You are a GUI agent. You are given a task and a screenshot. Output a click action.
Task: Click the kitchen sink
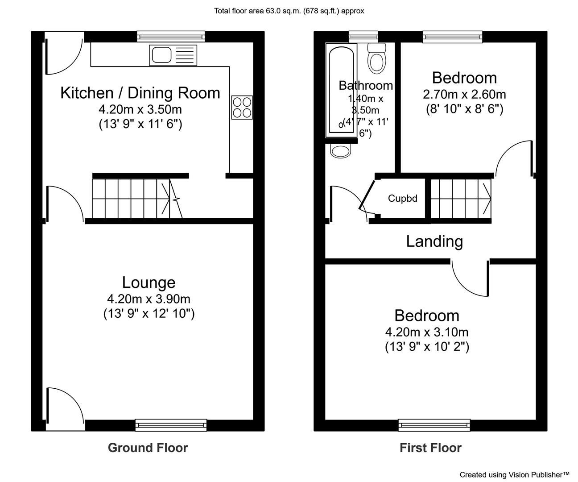coord(173,55)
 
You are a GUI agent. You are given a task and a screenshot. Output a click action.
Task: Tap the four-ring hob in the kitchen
coord(242,108)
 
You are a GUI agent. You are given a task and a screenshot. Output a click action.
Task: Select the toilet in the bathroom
coord(377,58)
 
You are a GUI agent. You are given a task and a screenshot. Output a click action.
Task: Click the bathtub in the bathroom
coord(341,90)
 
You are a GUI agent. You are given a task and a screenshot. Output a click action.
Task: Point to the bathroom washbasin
coord(340,151)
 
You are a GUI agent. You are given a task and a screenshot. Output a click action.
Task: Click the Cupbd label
coord(402,198)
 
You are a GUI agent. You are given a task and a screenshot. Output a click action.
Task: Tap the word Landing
coord(434,241)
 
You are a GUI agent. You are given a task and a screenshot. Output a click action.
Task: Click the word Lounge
coord(149,283)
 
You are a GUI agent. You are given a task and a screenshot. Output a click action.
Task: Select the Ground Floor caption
coord(148,448)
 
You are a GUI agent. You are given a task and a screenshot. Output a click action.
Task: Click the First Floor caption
coord(430,448)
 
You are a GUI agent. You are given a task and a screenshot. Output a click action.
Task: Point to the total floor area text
coord(289,11)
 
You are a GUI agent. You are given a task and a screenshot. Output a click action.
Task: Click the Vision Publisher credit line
coord(514,474)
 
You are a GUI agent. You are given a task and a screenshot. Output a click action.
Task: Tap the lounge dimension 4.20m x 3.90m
coord(149,299)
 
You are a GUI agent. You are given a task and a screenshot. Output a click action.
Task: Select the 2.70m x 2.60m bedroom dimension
coord(464,95)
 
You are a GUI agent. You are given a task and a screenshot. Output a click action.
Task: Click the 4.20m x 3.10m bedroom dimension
coord(426,332)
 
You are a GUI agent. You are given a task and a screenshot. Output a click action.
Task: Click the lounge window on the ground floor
coord(171,425)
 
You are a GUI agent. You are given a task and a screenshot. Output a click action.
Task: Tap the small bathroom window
coord(363,37)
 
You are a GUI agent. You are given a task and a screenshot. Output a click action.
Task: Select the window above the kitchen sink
coord(171,37)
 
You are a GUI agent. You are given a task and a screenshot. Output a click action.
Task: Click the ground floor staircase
coord(137,199)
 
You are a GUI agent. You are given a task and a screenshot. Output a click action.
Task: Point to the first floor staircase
coord(461,199)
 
